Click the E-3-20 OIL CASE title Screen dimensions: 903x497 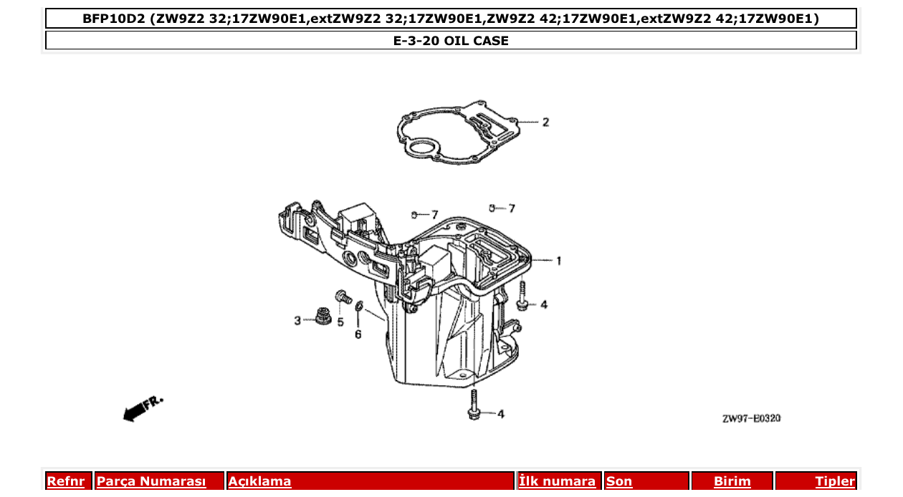(451, 41)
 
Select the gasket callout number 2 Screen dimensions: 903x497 (545, 122)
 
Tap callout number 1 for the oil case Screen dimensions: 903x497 (559, 261)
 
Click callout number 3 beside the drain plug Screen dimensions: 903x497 (297, 321)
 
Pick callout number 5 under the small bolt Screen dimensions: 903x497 (340, 322)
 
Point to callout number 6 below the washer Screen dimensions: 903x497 (358, 334)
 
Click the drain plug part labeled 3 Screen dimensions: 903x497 (322, 315)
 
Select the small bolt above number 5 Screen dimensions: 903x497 (341, 296)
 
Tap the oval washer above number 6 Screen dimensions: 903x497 (359, 308)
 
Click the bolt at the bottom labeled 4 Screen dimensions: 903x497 (474, 405)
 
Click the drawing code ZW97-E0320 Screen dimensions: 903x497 (751, 418)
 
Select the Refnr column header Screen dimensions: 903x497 (65, 481)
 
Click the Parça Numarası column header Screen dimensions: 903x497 (151, 481)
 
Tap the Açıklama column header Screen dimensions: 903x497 (259, 481)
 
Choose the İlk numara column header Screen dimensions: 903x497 (558, 481)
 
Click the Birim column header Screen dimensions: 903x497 (732, 481)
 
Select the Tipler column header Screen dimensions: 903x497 (835, 481)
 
